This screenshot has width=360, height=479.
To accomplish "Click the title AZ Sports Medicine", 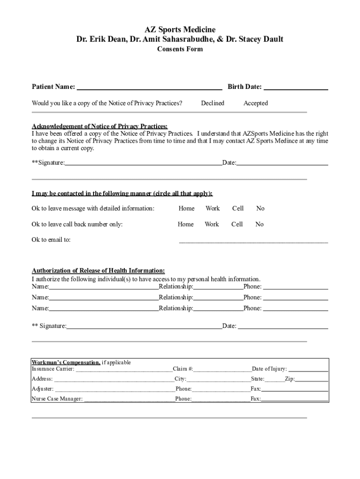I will [x=180, y=30].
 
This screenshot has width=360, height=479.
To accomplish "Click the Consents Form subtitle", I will [x=180, y=49].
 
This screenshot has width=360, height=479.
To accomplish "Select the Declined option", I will [x=213, y=103].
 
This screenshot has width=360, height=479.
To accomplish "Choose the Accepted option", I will [x=256, y=103].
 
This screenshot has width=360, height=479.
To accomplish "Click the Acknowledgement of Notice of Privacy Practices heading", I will [x=100, y=126].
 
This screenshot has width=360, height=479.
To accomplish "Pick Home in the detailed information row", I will [x=187, y=208].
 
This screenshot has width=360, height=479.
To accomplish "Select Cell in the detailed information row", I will [x=238, y=208].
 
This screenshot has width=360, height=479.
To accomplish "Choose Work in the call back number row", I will [x=212, y=224].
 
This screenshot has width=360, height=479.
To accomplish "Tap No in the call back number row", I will [x=259, y=224].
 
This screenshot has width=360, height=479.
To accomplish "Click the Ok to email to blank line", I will [x=253, y=241].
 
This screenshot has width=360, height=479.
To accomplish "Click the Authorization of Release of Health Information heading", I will [x=98, y=270].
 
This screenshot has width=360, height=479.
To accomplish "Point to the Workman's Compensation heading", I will [x=66, y=363].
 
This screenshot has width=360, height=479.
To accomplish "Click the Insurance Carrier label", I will [x=53, y=369].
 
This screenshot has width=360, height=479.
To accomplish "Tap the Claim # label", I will [x=183, y=369].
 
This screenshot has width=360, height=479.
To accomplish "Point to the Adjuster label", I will [x=43, y=389].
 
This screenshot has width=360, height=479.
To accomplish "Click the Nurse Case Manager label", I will [x=57, y=399].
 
